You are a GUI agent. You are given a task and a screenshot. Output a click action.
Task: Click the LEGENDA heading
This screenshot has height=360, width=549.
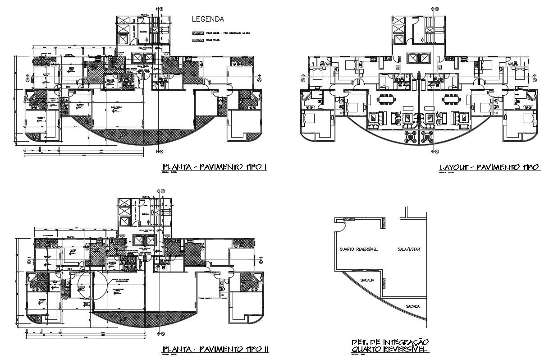point(208,19)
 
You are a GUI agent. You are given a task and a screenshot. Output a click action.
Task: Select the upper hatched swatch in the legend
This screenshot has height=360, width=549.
point(198,33)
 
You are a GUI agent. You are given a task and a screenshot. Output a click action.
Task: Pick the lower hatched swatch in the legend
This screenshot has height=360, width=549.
point(198,41)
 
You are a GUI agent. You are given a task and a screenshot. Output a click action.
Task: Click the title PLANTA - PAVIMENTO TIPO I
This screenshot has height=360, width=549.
point(215,167)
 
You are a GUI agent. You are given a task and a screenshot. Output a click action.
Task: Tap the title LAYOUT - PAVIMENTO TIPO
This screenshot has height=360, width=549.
point(489,167)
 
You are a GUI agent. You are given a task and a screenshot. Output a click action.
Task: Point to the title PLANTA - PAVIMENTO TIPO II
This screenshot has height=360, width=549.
point(215,349)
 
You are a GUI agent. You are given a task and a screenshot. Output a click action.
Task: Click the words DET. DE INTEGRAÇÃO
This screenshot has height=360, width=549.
point(390,342)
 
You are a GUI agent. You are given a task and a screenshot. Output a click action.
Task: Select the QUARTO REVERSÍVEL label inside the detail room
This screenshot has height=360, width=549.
point(359,249)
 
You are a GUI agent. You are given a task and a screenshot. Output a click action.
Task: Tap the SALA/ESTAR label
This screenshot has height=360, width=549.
point(409,249)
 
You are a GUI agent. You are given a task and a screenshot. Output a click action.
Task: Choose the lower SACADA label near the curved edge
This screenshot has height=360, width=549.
point(412,306)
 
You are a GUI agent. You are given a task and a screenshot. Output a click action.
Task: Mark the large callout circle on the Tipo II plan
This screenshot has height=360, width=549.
point(92,286)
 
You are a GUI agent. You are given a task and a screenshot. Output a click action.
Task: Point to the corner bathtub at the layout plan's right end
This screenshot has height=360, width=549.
point(532,96)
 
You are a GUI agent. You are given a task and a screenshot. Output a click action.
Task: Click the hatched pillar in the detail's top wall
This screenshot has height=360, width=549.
point(349,219)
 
